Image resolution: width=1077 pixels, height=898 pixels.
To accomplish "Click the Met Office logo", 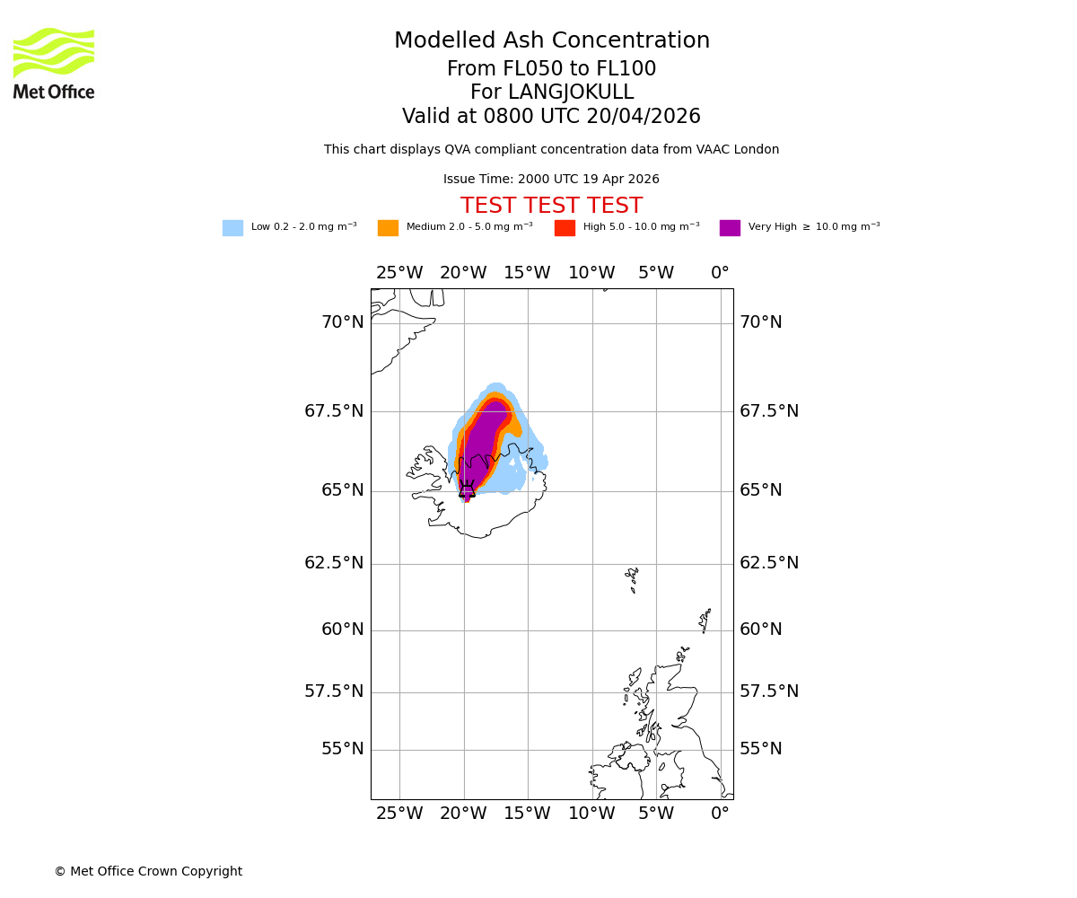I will [54, 63].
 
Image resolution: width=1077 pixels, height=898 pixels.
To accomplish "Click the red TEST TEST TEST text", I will [551, 206].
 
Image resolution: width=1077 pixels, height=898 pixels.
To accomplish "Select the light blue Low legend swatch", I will [232, 227].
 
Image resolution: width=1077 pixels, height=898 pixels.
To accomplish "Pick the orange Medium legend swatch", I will [388, 227].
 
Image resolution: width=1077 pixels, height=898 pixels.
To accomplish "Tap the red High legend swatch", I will [565, 227].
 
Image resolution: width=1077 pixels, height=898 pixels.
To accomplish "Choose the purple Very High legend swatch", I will [730, 227].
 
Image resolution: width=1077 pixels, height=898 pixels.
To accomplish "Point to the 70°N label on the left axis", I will [343, 322].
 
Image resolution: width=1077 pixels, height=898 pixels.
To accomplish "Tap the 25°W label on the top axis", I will [398, 273].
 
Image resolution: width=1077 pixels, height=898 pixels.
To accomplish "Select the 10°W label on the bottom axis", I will [591, 814].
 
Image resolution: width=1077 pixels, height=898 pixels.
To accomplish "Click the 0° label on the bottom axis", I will [720, 814].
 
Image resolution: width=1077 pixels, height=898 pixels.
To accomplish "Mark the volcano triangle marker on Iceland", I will [467, 490].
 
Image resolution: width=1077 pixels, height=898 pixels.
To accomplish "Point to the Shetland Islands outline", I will [705, 620].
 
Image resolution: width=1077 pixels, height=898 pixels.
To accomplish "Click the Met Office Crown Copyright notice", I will [148, 871].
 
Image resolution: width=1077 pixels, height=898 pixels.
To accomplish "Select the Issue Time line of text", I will [551, 180].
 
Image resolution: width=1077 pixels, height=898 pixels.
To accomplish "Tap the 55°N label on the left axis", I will [343, 749].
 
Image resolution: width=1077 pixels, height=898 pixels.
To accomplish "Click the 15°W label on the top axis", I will [527, 273].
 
